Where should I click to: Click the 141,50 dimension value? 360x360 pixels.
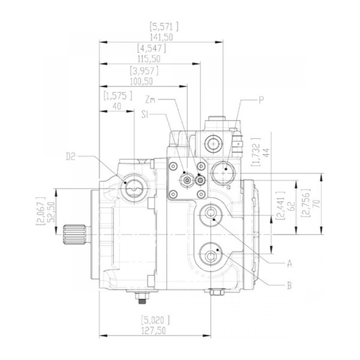click(161, 37)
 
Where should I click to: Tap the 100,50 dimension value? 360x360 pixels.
click(142, 82)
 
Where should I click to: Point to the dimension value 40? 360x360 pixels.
click(117, 107)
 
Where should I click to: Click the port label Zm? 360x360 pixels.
click(151, 100)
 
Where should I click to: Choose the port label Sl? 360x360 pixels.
click(145, 115)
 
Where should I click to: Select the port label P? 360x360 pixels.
click(261, 100)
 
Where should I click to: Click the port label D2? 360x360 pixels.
click(71, 157)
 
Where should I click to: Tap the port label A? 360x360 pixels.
click(290, 263)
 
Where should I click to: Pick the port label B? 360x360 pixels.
click(290, 286)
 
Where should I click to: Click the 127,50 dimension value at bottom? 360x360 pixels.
click(154, 331)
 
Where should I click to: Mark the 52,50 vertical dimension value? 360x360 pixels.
click(52, 212)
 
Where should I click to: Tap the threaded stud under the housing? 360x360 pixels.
click(142, 298)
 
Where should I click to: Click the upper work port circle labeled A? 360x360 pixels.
click(211, 215)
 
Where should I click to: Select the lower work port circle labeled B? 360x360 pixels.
click(211, 254)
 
